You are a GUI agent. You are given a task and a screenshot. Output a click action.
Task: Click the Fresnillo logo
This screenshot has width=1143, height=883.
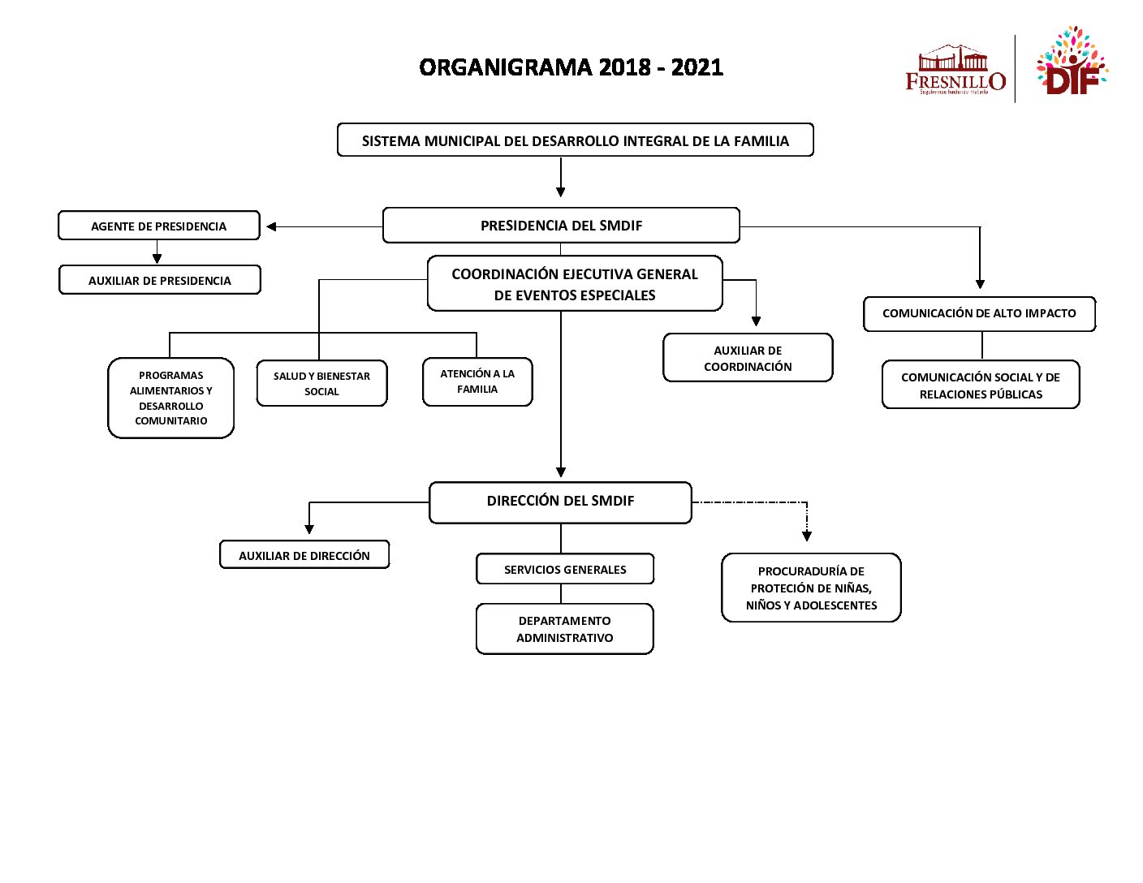[x=955, y=71]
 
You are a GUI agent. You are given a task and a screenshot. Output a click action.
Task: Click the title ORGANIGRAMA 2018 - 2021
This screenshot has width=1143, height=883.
[x=571, y=67]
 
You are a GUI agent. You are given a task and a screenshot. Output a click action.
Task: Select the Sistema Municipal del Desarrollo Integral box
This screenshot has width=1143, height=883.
[x=575, y=140]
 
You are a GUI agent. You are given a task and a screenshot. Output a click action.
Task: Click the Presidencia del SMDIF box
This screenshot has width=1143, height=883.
[x=561, y=226]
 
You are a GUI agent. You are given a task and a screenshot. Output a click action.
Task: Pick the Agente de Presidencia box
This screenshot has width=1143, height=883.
[x=159, y=226]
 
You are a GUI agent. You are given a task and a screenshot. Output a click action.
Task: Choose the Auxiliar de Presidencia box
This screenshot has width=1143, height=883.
[x=160, y=280]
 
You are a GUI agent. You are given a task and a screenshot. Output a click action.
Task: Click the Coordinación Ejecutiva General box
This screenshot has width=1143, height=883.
[x=575, y=284]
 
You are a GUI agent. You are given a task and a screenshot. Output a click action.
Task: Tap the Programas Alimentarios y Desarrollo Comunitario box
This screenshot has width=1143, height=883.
[x=170, y=398]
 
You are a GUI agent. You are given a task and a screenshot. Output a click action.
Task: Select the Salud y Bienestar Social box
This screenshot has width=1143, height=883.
[x=321, y=383]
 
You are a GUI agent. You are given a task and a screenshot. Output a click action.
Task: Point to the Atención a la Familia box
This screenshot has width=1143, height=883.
[x=477, y=381]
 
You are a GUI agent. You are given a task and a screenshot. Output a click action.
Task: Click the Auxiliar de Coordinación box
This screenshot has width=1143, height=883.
[x=748, y=358]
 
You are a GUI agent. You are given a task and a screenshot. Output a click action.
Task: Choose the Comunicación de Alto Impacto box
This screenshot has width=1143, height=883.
[x=979, y=313]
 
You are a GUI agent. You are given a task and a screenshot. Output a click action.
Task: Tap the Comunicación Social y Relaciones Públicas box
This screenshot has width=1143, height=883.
[x=981, y=385]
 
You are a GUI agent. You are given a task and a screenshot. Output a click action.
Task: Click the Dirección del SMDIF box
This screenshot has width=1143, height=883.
[x=560, y=502]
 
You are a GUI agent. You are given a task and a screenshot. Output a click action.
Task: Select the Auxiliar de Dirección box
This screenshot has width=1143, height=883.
[x=304, y=555]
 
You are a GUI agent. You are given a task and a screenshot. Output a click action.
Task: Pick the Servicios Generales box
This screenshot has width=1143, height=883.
[x=565, y=569]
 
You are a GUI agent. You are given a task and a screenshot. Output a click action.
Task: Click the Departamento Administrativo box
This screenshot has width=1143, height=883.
[x=565, y=629]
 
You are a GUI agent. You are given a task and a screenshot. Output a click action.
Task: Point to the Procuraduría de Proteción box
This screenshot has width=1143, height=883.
[x=811, y=588]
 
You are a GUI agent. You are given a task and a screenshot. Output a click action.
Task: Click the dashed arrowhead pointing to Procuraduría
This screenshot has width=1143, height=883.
[x=807, y=536]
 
